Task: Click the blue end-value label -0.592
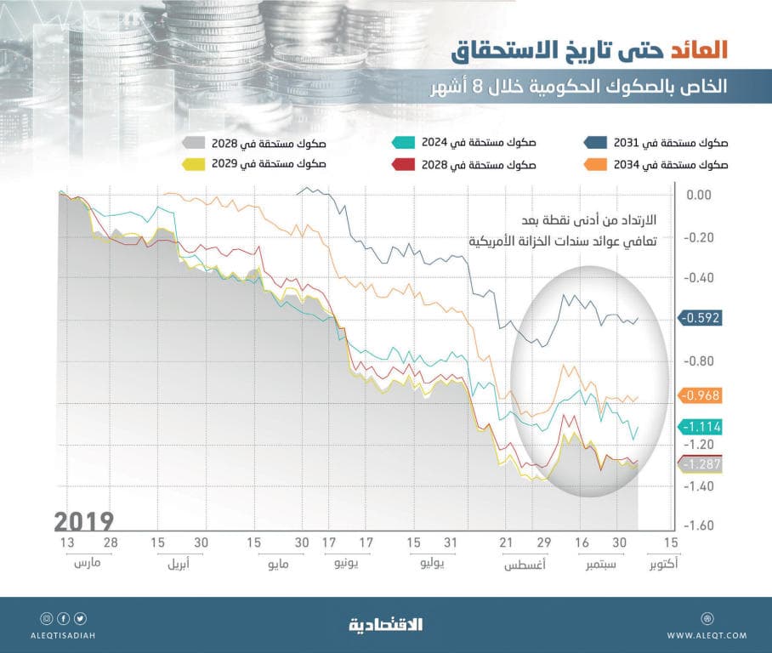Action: pos(701,318)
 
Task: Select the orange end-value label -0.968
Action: pos(701,395)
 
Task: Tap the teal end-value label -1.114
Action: pos(701,427)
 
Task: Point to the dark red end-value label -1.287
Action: pos(701,464)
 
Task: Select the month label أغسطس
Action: pos(524,564)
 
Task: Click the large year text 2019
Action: pos(83,520)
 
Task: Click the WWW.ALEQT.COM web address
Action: pos(707,635)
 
